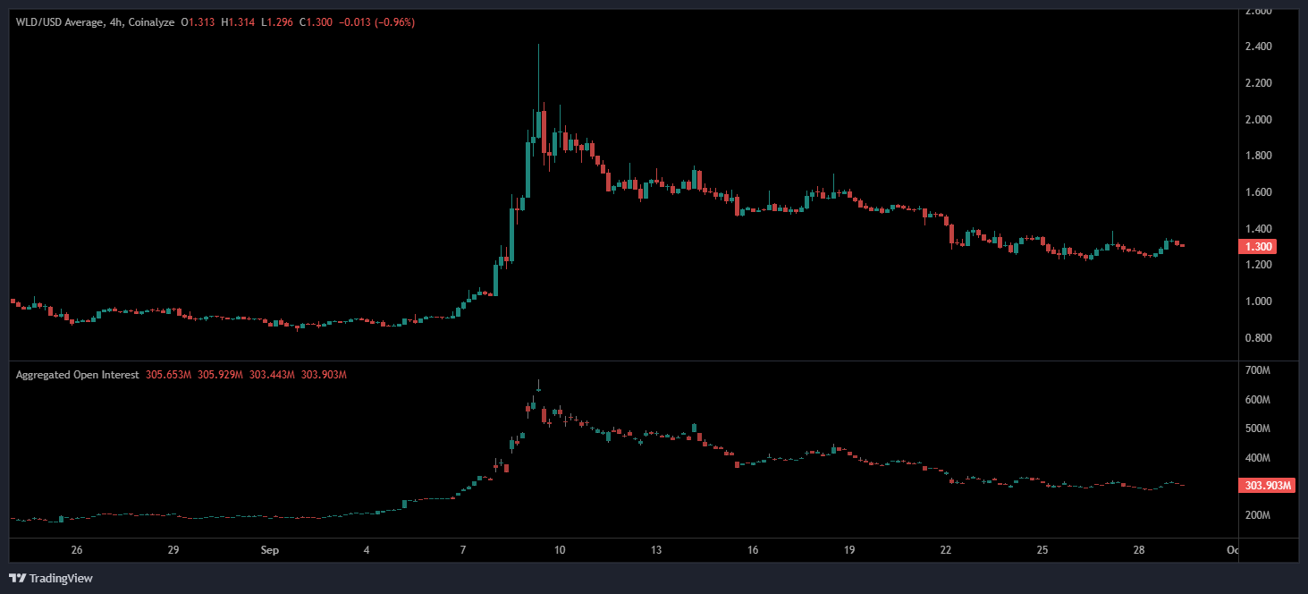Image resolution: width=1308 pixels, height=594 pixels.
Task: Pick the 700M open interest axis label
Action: pyautogui.click(x=1258, y=370)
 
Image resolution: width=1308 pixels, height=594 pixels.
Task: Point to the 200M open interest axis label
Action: pyautogui.click(x=1258, y=515)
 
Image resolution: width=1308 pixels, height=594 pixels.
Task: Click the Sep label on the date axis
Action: pyautogui.click(x=271, y=550)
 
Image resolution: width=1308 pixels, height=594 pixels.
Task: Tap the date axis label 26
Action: pyautogui.click(x=77, y=550)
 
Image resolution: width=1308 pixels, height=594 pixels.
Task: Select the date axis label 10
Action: pyautogui.click(x=559, y=550)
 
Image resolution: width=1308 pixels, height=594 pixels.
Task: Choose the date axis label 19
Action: pyautogui.click(x=849, y=550)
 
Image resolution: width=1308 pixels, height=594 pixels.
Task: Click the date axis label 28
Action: pyautogui.click(x=1139, y=550)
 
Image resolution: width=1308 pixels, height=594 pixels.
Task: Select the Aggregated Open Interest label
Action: pyautogui.click(x=77, y=375)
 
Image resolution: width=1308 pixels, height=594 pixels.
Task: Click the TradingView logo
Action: pyautogui.click(x=52, y=578)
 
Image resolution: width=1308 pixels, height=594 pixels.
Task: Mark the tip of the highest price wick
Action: pyautogui.click(x=538, y=45)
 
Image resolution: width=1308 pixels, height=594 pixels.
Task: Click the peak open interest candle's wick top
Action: pyautogui.click(x=538, y=380)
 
